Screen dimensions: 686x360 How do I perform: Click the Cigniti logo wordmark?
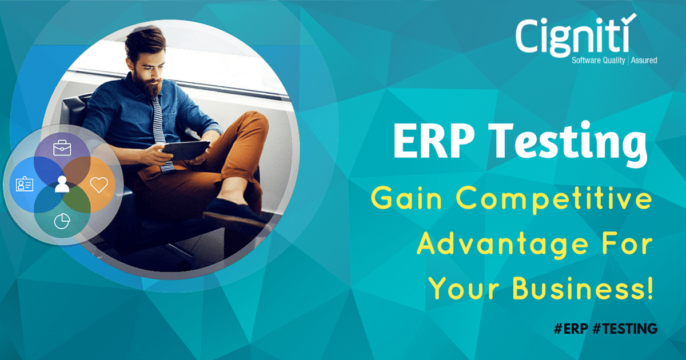572,37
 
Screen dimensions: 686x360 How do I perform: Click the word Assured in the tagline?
644,61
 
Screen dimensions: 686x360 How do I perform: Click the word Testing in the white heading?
569,143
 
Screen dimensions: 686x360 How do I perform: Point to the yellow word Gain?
406,198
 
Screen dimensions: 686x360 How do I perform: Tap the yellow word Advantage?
502,246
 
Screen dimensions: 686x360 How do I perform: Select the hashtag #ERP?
571,329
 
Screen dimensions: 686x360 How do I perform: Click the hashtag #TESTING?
625,329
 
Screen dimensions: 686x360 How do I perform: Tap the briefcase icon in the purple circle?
62,148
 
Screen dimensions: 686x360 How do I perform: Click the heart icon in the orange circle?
99,185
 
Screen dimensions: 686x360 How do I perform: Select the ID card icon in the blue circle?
25,183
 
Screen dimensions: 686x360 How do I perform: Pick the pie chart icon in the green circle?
62,221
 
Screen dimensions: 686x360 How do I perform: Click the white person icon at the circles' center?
62,184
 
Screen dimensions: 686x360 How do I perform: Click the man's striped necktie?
161,129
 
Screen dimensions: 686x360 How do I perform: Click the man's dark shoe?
234,214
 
